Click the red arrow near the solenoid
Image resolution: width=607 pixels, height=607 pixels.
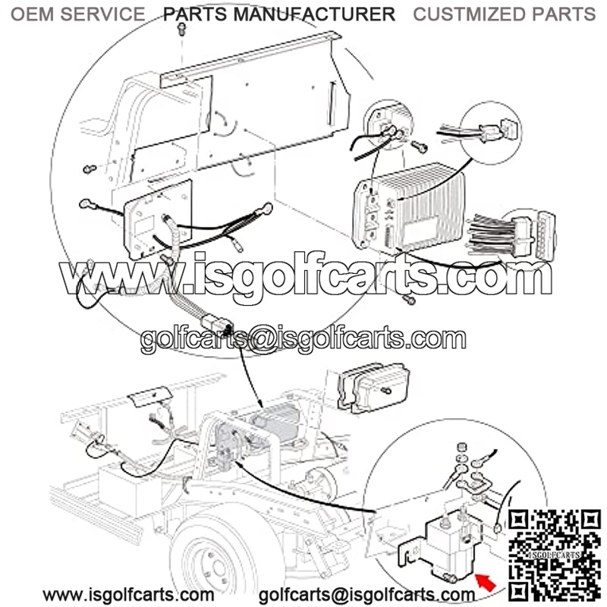point(486,582)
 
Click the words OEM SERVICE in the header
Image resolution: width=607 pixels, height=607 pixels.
point(78,14)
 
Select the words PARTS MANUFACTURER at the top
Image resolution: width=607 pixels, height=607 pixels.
point(279,14)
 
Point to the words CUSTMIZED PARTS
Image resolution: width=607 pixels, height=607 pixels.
point(504,14)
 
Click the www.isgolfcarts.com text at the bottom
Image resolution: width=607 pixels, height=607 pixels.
point(128,595)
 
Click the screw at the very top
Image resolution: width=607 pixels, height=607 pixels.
point(181,29)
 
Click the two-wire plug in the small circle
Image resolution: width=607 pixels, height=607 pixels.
point(496,131)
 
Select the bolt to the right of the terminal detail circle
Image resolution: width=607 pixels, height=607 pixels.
point(419,146)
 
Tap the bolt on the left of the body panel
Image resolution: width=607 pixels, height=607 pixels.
point(90,168)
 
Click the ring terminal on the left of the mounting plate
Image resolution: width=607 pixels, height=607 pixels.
point(86,204)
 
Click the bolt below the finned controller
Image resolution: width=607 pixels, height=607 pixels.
point(409,299)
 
